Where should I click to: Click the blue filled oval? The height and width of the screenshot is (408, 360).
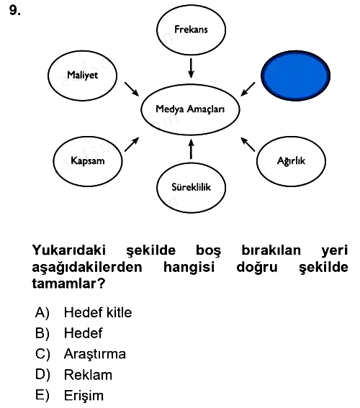(x=296, y=76)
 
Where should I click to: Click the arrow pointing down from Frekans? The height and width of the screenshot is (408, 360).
(x=191, y=68)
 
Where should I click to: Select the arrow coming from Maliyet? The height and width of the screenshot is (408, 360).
(x=132, y=89)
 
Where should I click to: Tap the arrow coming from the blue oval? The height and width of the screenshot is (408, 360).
(x=248, y=89)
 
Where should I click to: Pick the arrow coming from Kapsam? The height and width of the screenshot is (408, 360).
(x=132, y=144)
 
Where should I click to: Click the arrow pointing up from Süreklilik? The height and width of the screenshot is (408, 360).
(x=191, y=149)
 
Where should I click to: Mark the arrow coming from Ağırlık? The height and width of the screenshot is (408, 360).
(x=248, y=144)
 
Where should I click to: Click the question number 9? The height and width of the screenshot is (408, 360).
(x=15, y=10)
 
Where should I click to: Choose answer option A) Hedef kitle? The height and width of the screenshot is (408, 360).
(x=84, y=312)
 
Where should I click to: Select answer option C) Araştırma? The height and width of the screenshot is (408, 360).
(x=81, y=354)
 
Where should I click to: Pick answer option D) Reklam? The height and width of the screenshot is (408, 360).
(x=73, y=375)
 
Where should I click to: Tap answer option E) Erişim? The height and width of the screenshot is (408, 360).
(x=69, y=396)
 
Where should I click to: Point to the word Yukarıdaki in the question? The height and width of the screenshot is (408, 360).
(x=69, y=250)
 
